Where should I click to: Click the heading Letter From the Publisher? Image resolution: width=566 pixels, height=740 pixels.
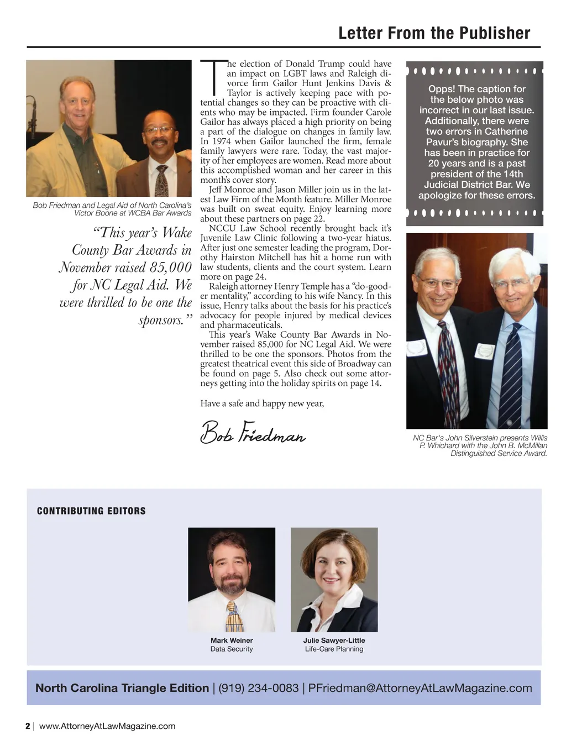pos(434,33)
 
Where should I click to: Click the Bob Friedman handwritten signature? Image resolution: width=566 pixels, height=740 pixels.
pos(253,433)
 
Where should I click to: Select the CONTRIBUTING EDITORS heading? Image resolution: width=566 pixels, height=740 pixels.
pos(91,511)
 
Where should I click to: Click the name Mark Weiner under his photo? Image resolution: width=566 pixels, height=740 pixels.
pos(232,640)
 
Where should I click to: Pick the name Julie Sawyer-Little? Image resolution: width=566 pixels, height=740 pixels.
pos(334,640)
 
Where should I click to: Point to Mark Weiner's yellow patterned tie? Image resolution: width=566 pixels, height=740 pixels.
pos(234,616)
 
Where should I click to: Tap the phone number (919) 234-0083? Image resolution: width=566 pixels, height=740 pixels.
pos(259,688)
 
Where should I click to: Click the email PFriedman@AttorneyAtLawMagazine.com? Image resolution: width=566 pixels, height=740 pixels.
pos(420,688)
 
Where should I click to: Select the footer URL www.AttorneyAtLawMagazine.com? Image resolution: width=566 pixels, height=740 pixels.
pos(107,726)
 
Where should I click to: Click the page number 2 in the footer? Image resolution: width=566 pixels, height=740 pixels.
pos(28,726)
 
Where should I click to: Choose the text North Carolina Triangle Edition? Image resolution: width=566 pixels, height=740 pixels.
pos(122,688)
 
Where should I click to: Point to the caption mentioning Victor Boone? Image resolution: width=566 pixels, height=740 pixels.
pos(112,209)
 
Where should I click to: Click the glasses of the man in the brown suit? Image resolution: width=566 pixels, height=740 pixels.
pos(159,131)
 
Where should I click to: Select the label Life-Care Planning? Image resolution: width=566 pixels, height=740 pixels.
pos(334,649)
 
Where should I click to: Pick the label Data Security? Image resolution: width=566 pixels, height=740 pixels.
pos(232,649)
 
